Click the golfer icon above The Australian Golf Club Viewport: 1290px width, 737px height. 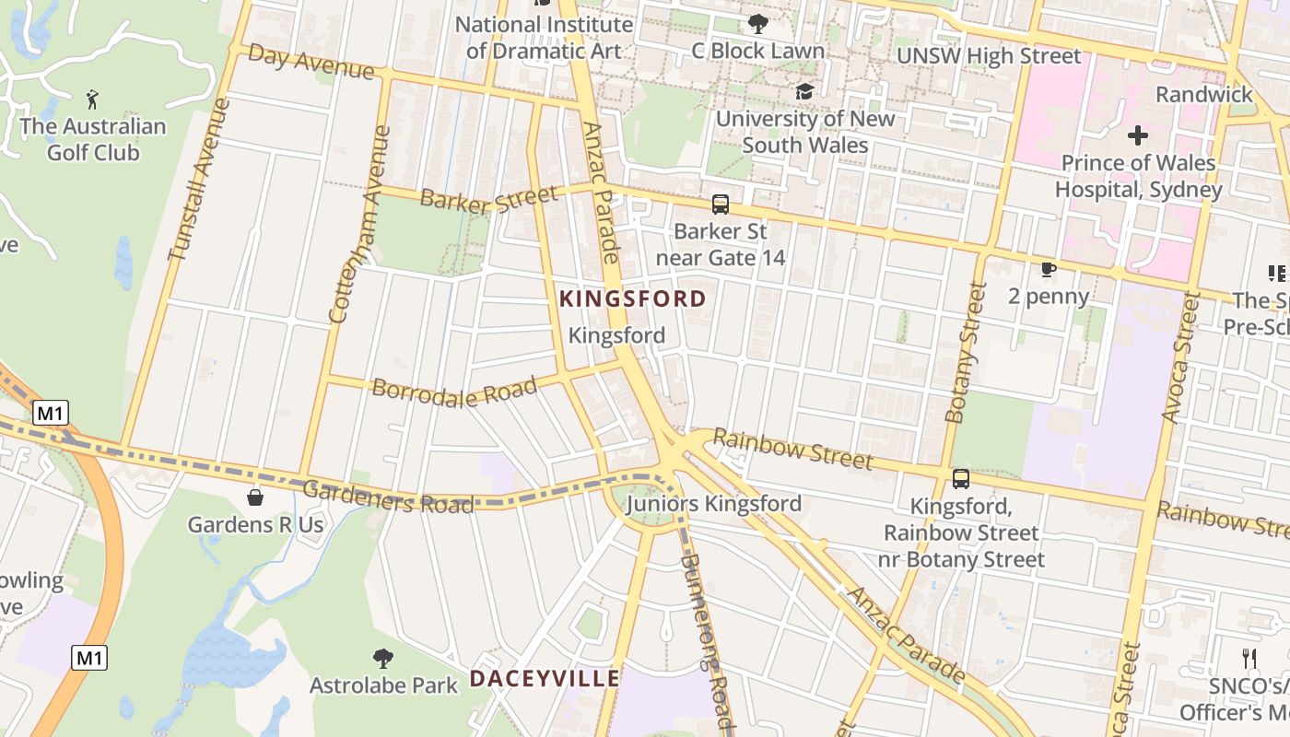(x=92, y=99)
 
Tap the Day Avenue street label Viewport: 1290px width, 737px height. (x=311, y=63)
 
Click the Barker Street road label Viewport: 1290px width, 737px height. (x=489, y=199)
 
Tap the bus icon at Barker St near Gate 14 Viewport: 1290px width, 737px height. (x=721, y=205)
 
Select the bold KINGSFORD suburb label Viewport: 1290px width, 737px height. (x=632, y=298)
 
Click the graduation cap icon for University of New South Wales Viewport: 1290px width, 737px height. (x=804, y=91)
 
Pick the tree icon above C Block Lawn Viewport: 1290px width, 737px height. (x=757, y=24)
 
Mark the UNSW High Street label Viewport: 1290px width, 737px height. (x=989, y=56)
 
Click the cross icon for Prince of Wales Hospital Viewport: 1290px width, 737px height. (x=1138, y=136)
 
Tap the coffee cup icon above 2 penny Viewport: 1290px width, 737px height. (x=1048, y=269)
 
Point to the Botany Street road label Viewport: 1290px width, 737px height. (x=966, y=353)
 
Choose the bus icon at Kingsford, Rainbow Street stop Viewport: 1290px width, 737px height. (x=960, y=479)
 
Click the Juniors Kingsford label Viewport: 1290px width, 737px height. (x=713, y=504)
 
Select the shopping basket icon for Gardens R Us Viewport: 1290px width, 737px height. (x=255, y=497)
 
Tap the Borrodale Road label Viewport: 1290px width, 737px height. (x=454, y=391)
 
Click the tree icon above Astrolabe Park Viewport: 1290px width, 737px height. (x=383, y=658)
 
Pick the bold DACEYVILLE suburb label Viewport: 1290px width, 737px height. (x=545, y=679)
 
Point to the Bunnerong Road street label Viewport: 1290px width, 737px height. (x=707, y=636)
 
